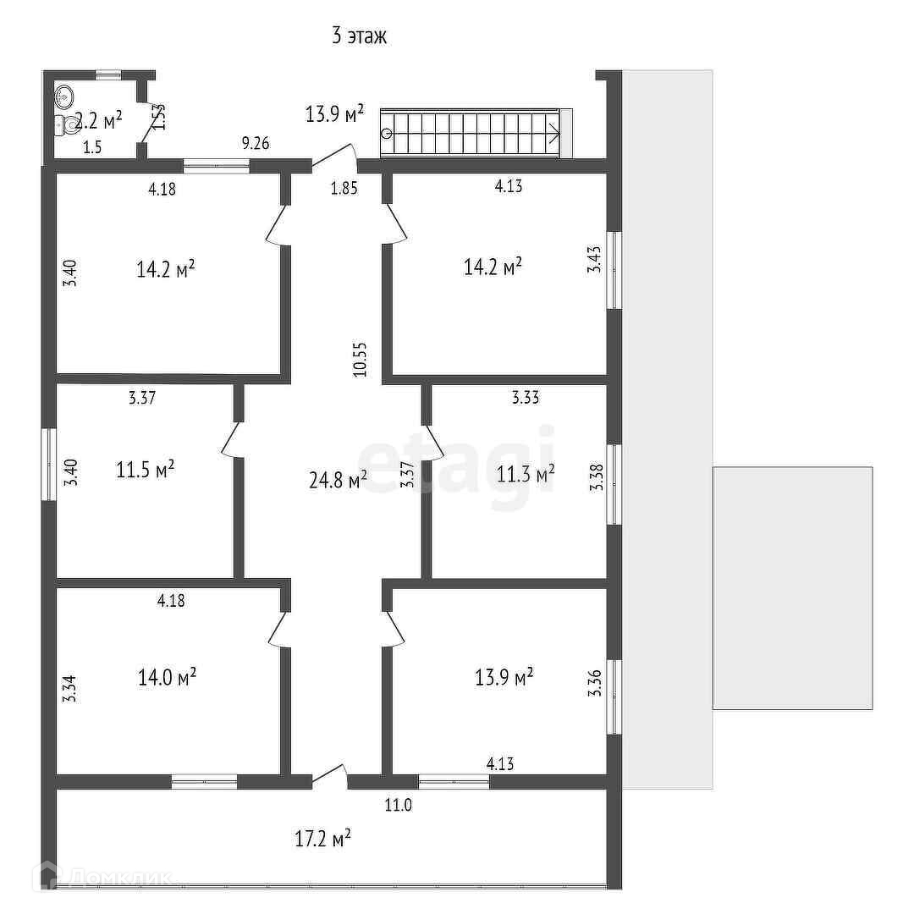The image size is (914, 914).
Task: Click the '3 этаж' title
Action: [x=359, y=36]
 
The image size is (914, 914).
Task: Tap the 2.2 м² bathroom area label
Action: [x=100, y=119]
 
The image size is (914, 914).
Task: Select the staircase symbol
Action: [x=471, y=133]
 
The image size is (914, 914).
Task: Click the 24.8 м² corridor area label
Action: [x=336, y=481]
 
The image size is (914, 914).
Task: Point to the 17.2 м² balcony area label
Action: [x=322, y=839]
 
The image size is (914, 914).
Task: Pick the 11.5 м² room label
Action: [x=145, y=469]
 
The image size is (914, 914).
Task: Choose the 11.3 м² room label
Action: [x=526, y=473]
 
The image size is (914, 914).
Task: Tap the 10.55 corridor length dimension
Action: [x=361, y=358]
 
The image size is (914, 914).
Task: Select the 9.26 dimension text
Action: [x=256, y=143]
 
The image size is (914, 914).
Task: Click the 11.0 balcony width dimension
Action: [x=398, y=805]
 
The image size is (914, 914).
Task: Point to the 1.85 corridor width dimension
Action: [x=344, y=189]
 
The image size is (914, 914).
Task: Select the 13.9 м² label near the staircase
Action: [x=335, y=113]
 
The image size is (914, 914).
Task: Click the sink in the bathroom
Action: [x=64, y=97]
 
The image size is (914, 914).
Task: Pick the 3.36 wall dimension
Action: [x=594, y=683]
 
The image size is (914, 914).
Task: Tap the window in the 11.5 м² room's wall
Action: [x=50, y=465]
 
